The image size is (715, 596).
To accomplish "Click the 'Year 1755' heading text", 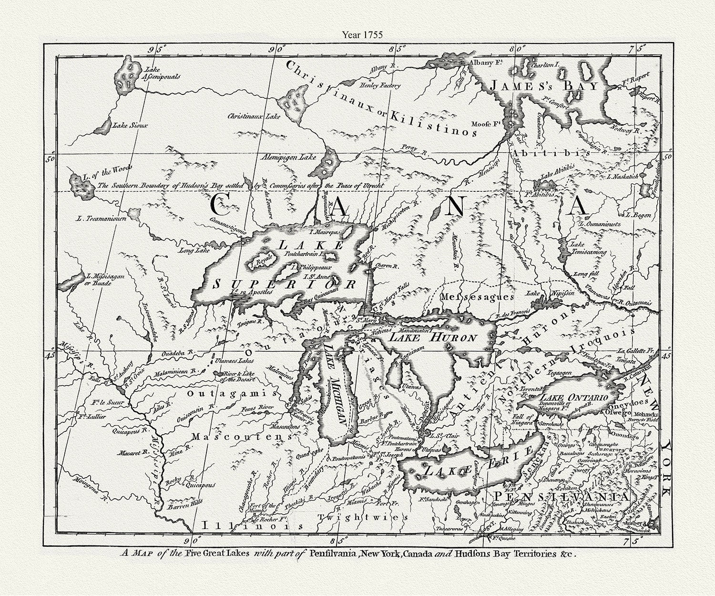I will pyautogui.click(x=362, y=34).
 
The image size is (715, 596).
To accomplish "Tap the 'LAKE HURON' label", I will pyautogui.click(x=433, y=338).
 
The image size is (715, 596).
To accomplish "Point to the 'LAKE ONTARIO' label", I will pyautogui.click(x=572, y=397).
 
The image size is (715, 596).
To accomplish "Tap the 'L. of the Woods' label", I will pyautogui.click(x=107, y=168).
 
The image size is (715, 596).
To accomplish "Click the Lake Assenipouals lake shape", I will pyautogui.click(x=127, y=76).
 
